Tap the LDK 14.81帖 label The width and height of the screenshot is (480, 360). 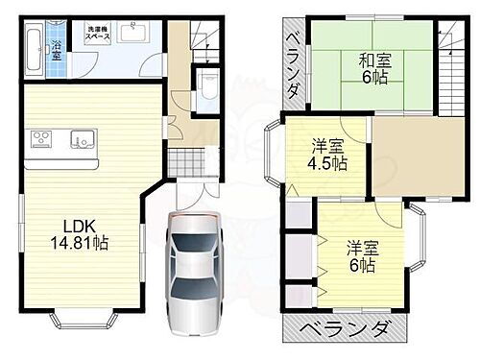point(85,234)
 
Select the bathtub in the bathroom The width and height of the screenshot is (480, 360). point(36,47)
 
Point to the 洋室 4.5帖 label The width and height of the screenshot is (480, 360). point(326,153)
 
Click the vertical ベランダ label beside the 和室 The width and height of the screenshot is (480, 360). point(295,61)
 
